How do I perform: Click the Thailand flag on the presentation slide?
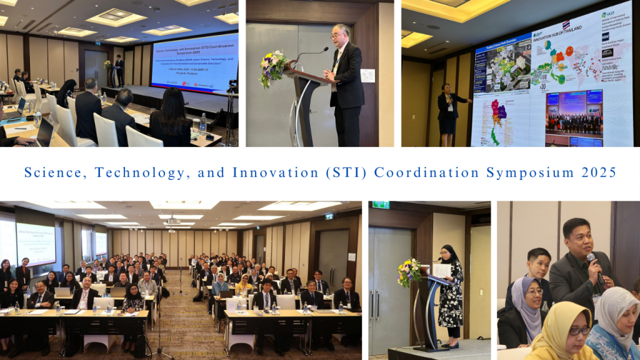pyautogui.click(x=566, y=24)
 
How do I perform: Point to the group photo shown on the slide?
pyautogui.click(x=574, y=112)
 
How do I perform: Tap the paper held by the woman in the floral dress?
pyautogui.click(x=442, y=270)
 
